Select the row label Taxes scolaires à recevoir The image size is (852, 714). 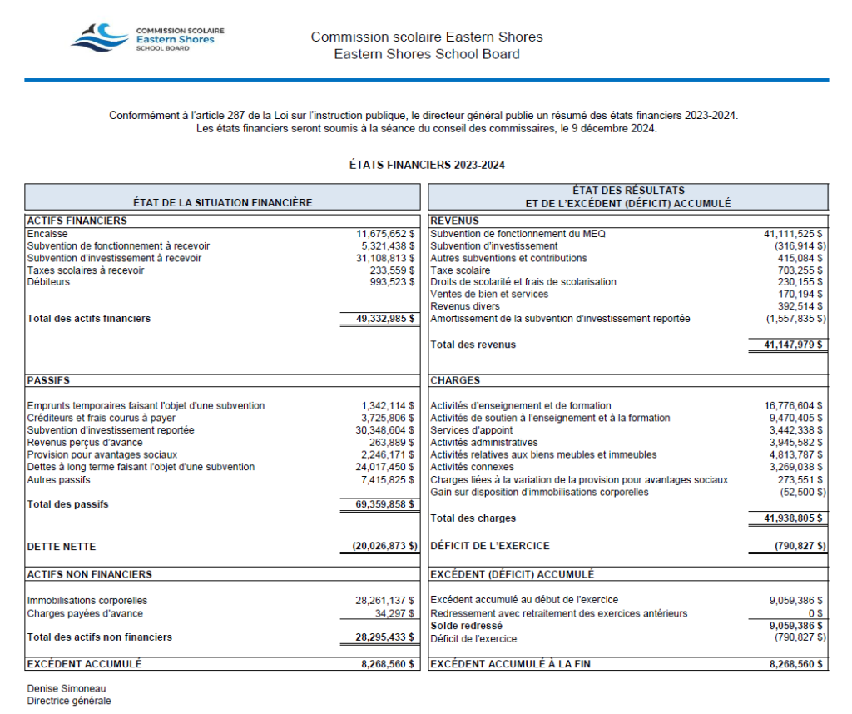tap(86, 270)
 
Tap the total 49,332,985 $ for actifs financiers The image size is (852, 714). tap(379, 319)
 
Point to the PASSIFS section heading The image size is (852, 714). tap(48, 381)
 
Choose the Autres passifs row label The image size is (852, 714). tap(58, 480)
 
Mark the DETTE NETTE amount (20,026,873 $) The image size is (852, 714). tap(379, 547)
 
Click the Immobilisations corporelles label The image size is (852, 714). tap(87, 601)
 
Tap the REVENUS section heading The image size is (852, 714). tap(455, 221)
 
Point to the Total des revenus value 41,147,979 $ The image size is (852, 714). tap(789, 345)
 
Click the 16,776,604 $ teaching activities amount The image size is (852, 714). tap(795, 406)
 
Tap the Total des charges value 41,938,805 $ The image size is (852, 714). tap(789, 518)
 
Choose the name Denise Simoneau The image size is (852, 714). tap(67, 689)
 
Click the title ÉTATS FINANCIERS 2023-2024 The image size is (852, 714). tap(426, 165)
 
